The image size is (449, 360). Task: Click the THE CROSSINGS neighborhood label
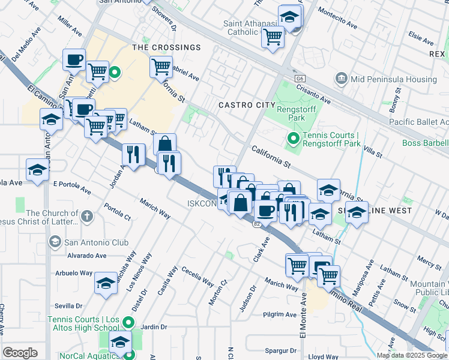pyautogui.click(x=166, y=47)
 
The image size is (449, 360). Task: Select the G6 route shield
pyautogui.click(x=300, y=79)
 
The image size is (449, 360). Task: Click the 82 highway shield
pyautogui.click(x=256, y=224)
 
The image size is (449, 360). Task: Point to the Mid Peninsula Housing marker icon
pyautogui.click(x=342, y=79)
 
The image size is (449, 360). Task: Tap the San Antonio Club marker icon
pyautogui.click(x=55, y=242)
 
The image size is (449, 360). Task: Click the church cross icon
pyautogui.click(x=87, y=216)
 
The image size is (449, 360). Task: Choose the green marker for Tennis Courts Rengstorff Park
pyautogui.click(x=293, y=140)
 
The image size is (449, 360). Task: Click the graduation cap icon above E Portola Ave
pyautogui.click(x=38, y=169)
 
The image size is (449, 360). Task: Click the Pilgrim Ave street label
pyautogui.click(x=280, y=314)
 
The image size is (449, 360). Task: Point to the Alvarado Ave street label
pyautogui.click(x=87, y=255)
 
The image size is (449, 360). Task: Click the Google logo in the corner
pyautogui.click(x=20, y=353)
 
